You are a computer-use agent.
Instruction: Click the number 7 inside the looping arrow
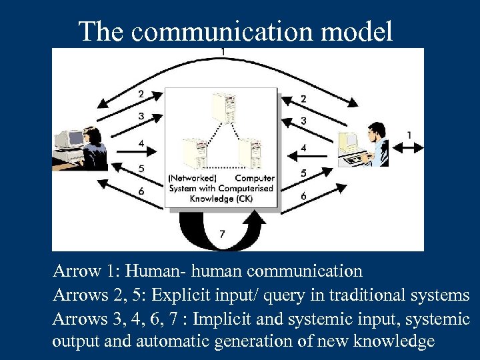tap(222, 233)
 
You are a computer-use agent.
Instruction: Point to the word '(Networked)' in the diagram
tap(193, 178)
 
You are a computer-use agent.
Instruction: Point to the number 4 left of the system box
tap(141, 143)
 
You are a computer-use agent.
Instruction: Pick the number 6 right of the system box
tap(303, 197)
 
